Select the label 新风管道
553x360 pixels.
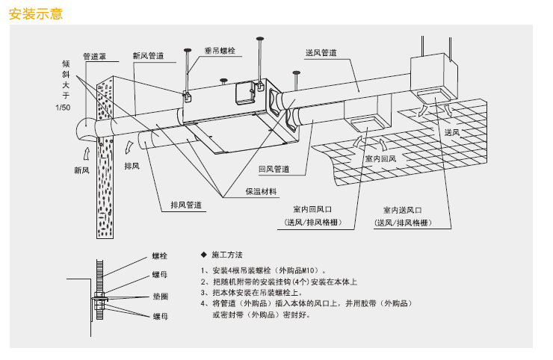tap(148, 55)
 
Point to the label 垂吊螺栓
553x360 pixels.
tap(220, 51)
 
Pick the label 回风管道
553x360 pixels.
tap(274, 170)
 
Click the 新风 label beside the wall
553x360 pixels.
tap(81, 170)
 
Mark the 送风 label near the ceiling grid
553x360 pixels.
tap(451, 132)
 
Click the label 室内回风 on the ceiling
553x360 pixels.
tap(379, 159)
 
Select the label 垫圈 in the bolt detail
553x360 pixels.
tap(160, 297)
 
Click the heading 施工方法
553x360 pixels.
tap(228, 255)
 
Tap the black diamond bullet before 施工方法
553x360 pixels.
tap(204, 255)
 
